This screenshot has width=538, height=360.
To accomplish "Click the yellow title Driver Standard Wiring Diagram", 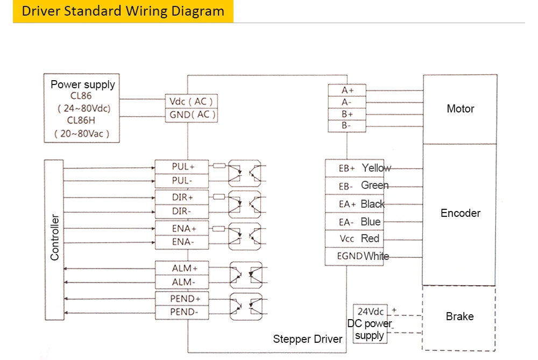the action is pos(123,11).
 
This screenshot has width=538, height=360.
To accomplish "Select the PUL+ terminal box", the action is pos(181,167).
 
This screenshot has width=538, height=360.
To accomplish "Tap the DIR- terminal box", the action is pos(181,211).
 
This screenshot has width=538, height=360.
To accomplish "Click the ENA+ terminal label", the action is pos(184,228).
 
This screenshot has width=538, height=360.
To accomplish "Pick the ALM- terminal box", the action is pos(181,282).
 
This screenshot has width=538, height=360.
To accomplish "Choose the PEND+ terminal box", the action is pos(181,299).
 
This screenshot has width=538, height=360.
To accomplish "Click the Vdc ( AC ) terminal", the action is pos(191,102).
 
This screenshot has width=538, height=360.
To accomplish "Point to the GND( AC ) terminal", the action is pos(191,115).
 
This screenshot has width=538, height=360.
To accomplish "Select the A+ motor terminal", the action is pos(347,90).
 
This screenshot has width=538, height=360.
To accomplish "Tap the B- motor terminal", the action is pos(347,126).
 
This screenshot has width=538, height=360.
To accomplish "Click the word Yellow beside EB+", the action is pos(377,168).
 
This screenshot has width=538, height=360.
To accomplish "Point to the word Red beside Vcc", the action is pos(370,238).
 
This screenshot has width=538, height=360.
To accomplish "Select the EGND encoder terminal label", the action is pos(350,256).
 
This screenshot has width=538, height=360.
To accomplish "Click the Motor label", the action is pos(461,109).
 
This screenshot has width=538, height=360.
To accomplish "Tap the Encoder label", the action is pos(461,213).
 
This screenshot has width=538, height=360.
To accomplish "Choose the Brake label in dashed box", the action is pos(460,316).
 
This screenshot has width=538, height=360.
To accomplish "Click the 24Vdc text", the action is pos(371,312).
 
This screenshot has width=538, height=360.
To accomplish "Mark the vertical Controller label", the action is pos(54,237).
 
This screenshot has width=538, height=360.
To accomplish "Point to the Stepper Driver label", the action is pos(307,339).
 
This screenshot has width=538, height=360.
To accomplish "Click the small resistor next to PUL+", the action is pos(219,166).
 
